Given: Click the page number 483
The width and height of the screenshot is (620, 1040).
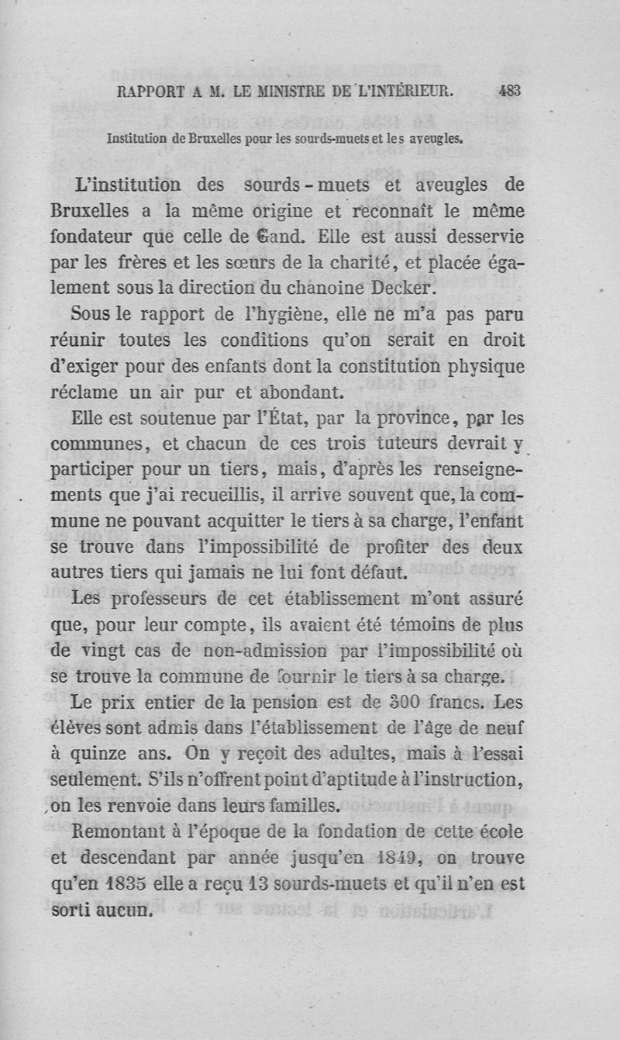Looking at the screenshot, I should coord(509,90).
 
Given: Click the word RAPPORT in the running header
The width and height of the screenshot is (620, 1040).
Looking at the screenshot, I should coord(149,91).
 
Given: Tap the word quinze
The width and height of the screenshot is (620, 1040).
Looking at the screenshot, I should coord(120,755).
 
